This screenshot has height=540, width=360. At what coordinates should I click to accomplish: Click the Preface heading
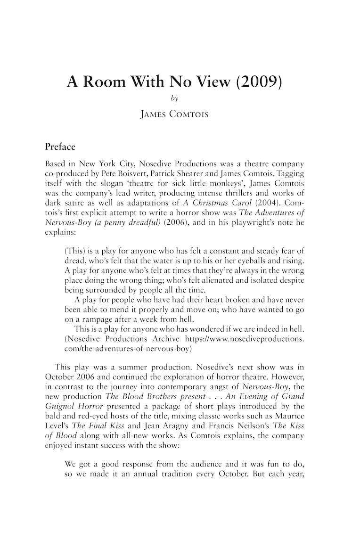pyautogui.click(x=60, y=147)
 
